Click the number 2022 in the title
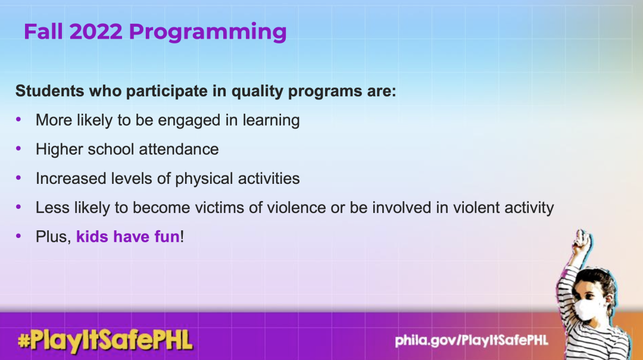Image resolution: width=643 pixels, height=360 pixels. pos(96,32)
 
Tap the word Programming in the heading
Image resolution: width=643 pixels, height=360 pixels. pos(208,33)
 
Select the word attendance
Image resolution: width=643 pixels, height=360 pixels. pos(179,149)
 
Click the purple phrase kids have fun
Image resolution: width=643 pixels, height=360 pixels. pos(128,237)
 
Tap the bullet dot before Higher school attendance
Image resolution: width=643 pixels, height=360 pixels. pos(18,148)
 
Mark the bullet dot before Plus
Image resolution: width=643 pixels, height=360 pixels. pos(18,236)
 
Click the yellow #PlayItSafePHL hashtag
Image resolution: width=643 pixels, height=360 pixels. pos(105,341)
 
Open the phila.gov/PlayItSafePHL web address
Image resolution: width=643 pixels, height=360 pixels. pos(471,340)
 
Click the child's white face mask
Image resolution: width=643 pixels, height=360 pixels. pos(586,311)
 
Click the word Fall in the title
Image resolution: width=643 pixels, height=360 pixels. pos(43,32)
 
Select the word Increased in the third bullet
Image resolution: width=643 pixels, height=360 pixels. pos(70,179)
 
